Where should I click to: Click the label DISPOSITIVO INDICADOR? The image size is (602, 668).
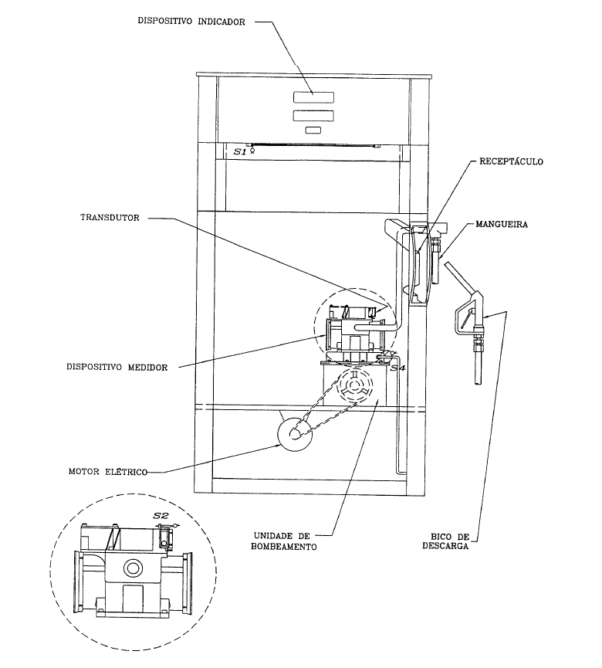tap(191, 22)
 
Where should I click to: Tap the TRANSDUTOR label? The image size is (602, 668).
tap(110, 218)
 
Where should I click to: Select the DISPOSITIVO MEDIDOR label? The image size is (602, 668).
tap(117, 368)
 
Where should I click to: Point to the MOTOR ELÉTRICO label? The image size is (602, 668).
tap(108, 472)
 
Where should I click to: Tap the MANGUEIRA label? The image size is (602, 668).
tap(502, 225)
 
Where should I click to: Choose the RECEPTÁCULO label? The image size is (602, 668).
tap(512, 161)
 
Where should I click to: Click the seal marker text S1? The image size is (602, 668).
tap(240, 151)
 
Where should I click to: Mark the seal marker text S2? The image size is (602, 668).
tap(161, 516)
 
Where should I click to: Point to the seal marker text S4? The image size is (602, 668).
tap(397, 368)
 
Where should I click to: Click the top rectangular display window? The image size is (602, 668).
tap(313, 97)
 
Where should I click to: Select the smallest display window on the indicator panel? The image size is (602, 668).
tap(313, 131)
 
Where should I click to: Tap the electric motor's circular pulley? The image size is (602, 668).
tap(295, 434)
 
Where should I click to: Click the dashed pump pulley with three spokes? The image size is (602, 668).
tap(355, 385)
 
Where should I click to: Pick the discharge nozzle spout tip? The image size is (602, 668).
tap(479, 381)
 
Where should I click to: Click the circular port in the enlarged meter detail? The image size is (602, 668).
tap(133, 568)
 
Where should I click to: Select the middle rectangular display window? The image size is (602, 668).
tap(313, 115)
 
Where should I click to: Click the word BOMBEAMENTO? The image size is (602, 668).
tap(283, 547)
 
